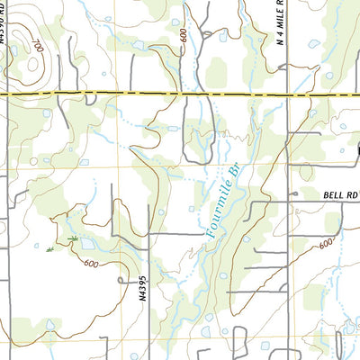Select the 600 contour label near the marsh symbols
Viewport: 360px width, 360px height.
tap(90, 262)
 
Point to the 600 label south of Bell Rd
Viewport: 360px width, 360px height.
tap(325, 243)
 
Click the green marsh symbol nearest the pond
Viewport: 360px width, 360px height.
tap(74, 239)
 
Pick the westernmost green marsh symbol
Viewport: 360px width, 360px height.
tap(49, 247)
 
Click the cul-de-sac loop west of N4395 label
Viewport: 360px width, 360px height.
tap(121, 281)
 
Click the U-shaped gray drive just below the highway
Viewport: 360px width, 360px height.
tap(194, 130)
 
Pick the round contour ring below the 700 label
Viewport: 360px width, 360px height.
tap(32, 63)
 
